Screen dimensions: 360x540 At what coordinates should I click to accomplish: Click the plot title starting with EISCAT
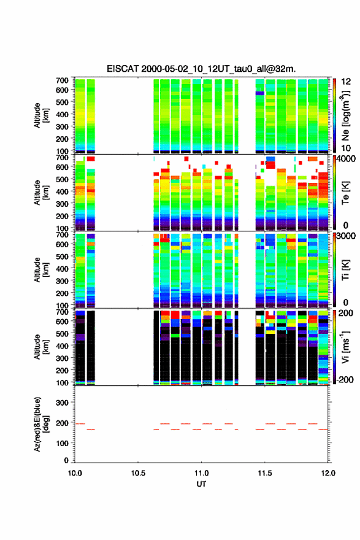click(x=201, y=69)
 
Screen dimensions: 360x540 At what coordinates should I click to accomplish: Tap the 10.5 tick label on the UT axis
click(x=138, y=473)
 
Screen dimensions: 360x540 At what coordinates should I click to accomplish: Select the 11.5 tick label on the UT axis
click(x=265, y=473)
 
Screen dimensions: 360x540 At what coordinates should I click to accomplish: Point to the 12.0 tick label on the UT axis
click(x=328, y=473)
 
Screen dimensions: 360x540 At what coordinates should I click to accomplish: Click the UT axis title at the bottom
click(x=201, y=484)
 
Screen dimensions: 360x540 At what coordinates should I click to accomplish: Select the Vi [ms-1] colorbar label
click(x=345, y=347)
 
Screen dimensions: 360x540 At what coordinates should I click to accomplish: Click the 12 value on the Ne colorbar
click(x=346, y=82)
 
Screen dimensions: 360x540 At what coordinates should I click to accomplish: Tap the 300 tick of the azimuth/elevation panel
click(x=63, y=403)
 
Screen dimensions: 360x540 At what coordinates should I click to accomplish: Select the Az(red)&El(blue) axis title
click(x=40, y=424)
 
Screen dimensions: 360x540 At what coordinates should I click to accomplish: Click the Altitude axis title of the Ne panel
click(x=40, y=115)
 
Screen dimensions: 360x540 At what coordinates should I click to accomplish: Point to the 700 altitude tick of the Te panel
click(x=63, y=157)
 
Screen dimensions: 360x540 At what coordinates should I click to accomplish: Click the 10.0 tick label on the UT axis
click(x=75, y=473)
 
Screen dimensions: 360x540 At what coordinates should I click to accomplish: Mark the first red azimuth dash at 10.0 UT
click(x=80, y=423)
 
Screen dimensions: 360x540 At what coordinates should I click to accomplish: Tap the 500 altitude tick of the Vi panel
click(x=63, y=333)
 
